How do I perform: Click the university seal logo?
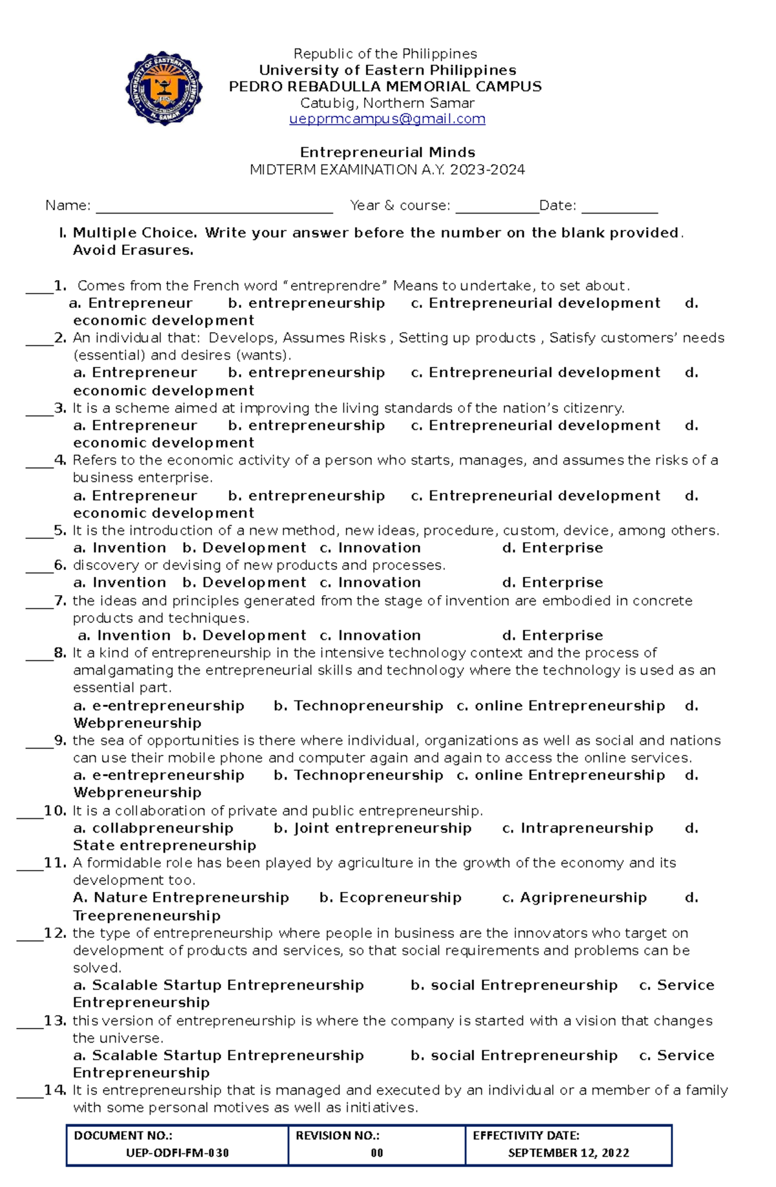[x=164, y=88]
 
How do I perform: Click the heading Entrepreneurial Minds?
[x=387, y=153]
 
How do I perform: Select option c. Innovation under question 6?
[x=371, y=583]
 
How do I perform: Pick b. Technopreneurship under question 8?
[x=358, y=706]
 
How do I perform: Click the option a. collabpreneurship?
[x=153, y=828]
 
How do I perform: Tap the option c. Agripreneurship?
[x=574, y=898]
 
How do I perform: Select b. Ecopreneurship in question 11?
[x=391, y=898]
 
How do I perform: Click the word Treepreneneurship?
[x=147, y=915]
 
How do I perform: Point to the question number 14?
[x=55, y=1091]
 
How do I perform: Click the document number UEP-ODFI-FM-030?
[x=177, y=1153]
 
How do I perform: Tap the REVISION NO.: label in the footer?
[x=338, y=1135]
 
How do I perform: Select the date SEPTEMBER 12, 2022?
[x=568, y=1153]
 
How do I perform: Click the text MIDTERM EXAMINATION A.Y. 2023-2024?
[x=387, y=170]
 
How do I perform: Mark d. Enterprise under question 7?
[x=552, y=636]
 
